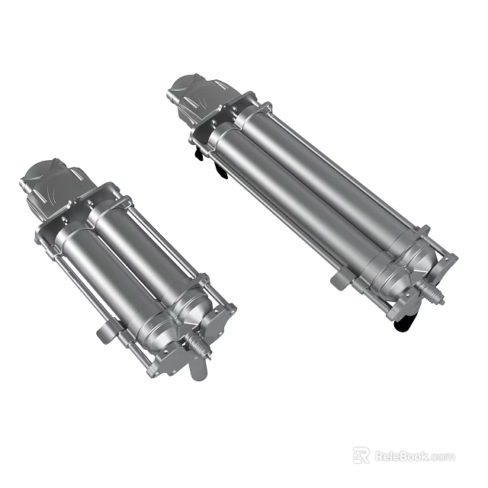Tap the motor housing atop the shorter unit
coord(50,183)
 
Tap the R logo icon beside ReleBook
coord(361,455)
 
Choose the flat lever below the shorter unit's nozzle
coord(194,370)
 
